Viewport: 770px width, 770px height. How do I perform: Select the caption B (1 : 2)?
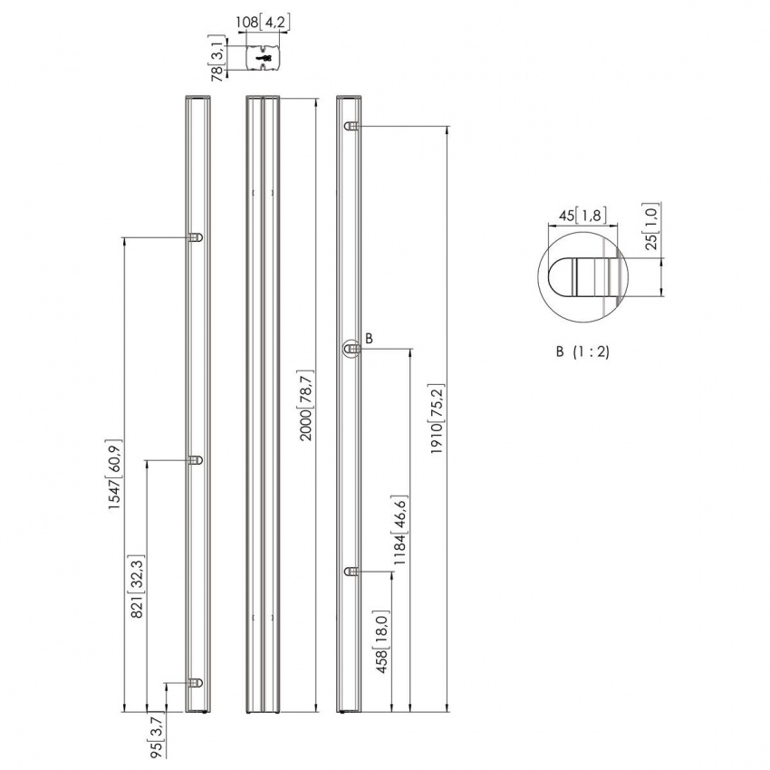pos(582,351)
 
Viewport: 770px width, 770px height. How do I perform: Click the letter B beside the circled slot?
pos(369,338)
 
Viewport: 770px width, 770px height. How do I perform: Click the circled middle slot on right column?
pos(351,348)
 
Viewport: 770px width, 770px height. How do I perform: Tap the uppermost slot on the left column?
pos(195,237)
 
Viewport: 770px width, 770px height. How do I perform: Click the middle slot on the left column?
pos(195,460)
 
